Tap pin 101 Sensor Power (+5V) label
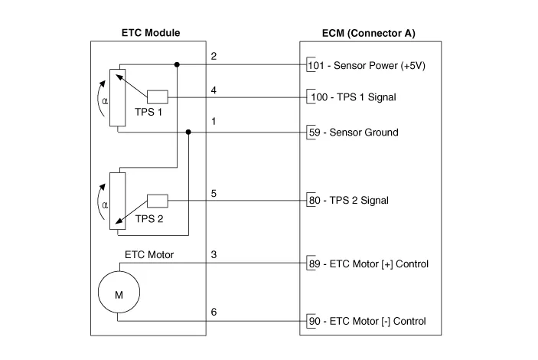(366, 66)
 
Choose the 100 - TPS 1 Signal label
(351, 97)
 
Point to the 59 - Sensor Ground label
(352, 132)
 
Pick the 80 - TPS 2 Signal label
(347, 201)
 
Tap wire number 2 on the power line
(214, 57)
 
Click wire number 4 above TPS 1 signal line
(214, 90)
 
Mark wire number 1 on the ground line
(214, 123)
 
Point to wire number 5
(214, 193)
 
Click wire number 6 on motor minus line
(214, 312)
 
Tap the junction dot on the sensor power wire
(177, 65)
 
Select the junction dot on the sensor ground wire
(189, 132)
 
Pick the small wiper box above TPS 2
(157, 201)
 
